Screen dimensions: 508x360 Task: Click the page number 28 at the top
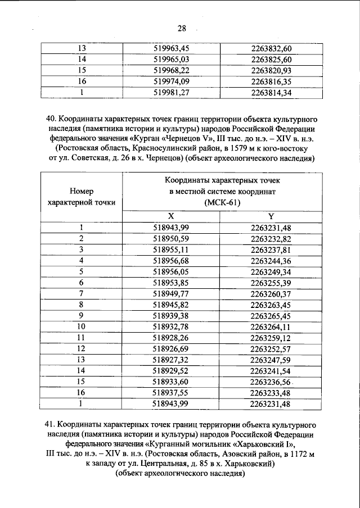click(x=181, y=29)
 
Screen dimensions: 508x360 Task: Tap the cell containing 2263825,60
click(x=271, y=60)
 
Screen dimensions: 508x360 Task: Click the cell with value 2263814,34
click(x=271, y=93)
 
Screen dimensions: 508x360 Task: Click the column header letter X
click(x=172, y=216)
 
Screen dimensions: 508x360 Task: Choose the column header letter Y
click(x=271, y=216)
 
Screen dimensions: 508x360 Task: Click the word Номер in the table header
click(x=82, y=191)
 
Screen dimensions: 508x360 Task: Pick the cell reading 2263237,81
click(x=271, y=250)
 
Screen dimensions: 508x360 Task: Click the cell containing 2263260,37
click(x=271, y=293)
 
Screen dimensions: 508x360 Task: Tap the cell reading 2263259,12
click(x=271, y=337)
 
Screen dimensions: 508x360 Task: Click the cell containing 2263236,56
click(x=271, y=382)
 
